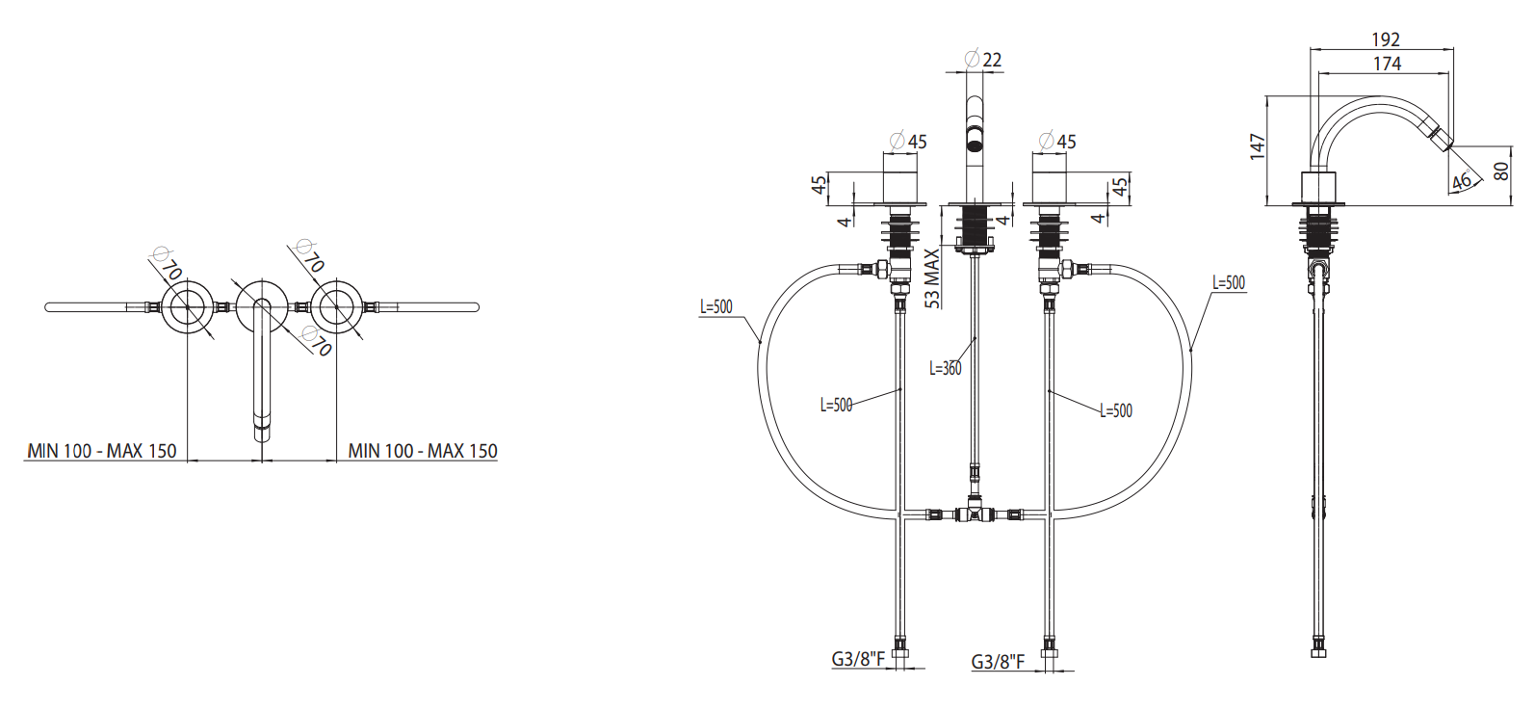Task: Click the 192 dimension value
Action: coord(1386,39)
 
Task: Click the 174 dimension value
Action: coord(1387,64)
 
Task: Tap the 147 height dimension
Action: coord(1258,147)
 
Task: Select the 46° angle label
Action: coord(1461,180)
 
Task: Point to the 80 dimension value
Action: coord(1500,171)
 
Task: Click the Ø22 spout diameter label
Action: coord(983,60)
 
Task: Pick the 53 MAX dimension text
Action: coord(932,278)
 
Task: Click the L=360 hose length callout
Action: coord(945,369)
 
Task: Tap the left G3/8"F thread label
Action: coord(858,659)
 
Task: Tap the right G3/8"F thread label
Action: coord(998,662)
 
